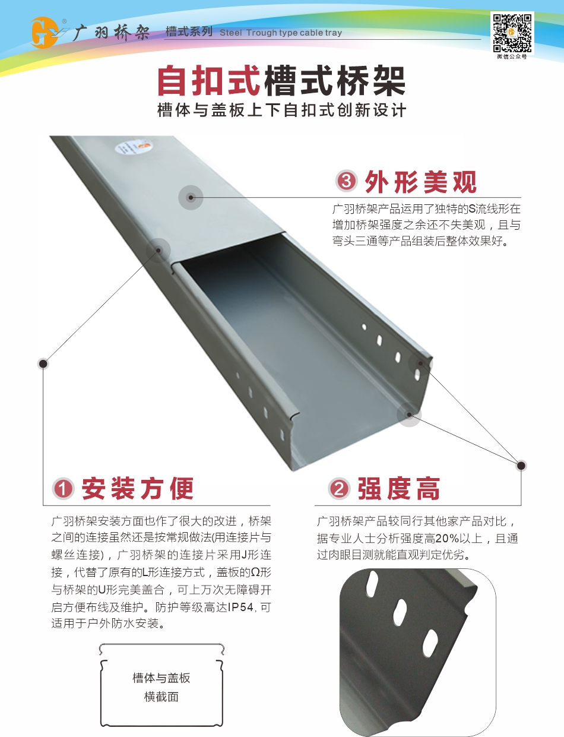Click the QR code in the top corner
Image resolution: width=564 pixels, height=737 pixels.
click(512, 33)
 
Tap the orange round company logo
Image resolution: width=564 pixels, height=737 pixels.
click(43, 33)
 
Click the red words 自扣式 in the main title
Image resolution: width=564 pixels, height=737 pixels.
click(209, 81)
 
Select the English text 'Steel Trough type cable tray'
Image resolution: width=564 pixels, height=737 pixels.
click(281, 33)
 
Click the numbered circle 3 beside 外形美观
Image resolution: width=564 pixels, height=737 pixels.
click(346, 181)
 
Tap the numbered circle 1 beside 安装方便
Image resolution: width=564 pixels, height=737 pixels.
click(63, 489)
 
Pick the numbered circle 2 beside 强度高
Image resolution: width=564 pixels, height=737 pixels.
click(339, 489)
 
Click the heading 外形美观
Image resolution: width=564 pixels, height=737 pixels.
click(421, 182)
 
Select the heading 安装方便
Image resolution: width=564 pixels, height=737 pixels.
click(138, 488)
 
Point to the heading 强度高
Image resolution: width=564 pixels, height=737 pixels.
click(399, 488)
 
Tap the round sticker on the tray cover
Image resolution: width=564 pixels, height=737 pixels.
click(123, 148)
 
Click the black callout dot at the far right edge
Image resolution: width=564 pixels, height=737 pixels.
click(521, 466)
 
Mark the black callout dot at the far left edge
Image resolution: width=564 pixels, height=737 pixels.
click(43, 363)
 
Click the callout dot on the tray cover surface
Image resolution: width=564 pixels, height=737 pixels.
click(191, 197)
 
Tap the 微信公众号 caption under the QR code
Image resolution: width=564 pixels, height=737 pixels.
click(512, 56)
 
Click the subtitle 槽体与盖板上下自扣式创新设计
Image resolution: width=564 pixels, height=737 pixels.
click(281, 110)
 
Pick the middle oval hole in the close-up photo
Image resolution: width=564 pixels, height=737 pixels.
click(400, 612)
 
